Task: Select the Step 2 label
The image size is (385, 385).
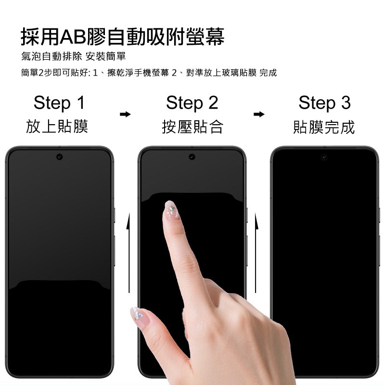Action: tap(192, 103)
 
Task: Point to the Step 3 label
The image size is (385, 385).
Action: tap(324, 103)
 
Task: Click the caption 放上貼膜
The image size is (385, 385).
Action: tap(57, 127)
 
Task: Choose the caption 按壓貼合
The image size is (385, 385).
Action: tap(192, 127)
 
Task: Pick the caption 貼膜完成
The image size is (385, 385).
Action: tap(324, 127)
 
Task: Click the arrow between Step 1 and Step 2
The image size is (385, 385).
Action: tap(125, 115)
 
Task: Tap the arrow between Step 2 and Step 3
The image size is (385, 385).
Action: tap(259, 115)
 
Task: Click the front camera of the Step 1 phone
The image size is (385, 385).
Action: tap(59, 157)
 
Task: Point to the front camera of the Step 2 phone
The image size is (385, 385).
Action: tap(192, 157)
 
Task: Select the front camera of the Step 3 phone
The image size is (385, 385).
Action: tap(324, 157)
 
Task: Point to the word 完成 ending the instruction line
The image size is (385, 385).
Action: tap(268, 73)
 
